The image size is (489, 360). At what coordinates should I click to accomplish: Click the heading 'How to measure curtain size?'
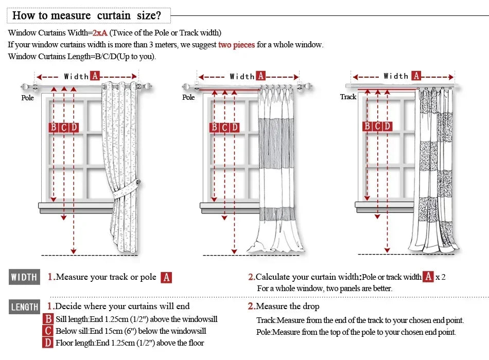click(x=87, y=15)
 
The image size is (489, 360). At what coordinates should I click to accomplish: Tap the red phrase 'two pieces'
click(x=236, y=45)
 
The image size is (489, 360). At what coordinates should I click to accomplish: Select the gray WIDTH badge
click(x=24, y=277)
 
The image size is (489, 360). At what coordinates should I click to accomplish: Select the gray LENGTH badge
click(x=24, y=307)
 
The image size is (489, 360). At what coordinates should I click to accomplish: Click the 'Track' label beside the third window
click(x=348, y=97)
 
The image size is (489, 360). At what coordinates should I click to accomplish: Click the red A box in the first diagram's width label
click(x=95, y=76)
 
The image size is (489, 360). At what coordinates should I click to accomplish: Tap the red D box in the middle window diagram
click(x=235, y=127)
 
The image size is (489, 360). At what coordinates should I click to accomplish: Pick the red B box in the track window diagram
click(x=367, y=126)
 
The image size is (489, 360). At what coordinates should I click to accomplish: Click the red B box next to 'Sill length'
click(x=48, y=319)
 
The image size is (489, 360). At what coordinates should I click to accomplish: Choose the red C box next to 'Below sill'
click(x=48, y=331)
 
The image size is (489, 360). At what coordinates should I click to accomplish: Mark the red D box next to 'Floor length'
click(x=48, y=343)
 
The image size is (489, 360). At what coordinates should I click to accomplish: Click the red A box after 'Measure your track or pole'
click(x=166, y=278)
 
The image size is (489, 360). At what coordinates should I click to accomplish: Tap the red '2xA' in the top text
click(x=100, y=33)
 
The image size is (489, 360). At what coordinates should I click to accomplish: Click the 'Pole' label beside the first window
click(x=27, y=98)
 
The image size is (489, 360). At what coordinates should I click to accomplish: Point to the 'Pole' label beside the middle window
click(x=188, y=97)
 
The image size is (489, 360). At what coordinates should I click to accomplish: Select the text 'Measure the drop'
click(x=287, y=307)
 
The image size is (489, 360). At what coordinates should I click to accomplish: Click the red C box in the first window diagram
click(x=63, y=127)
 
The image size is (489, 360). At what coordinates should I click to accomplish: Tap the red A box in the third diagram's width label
click(x=416, y=76)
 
